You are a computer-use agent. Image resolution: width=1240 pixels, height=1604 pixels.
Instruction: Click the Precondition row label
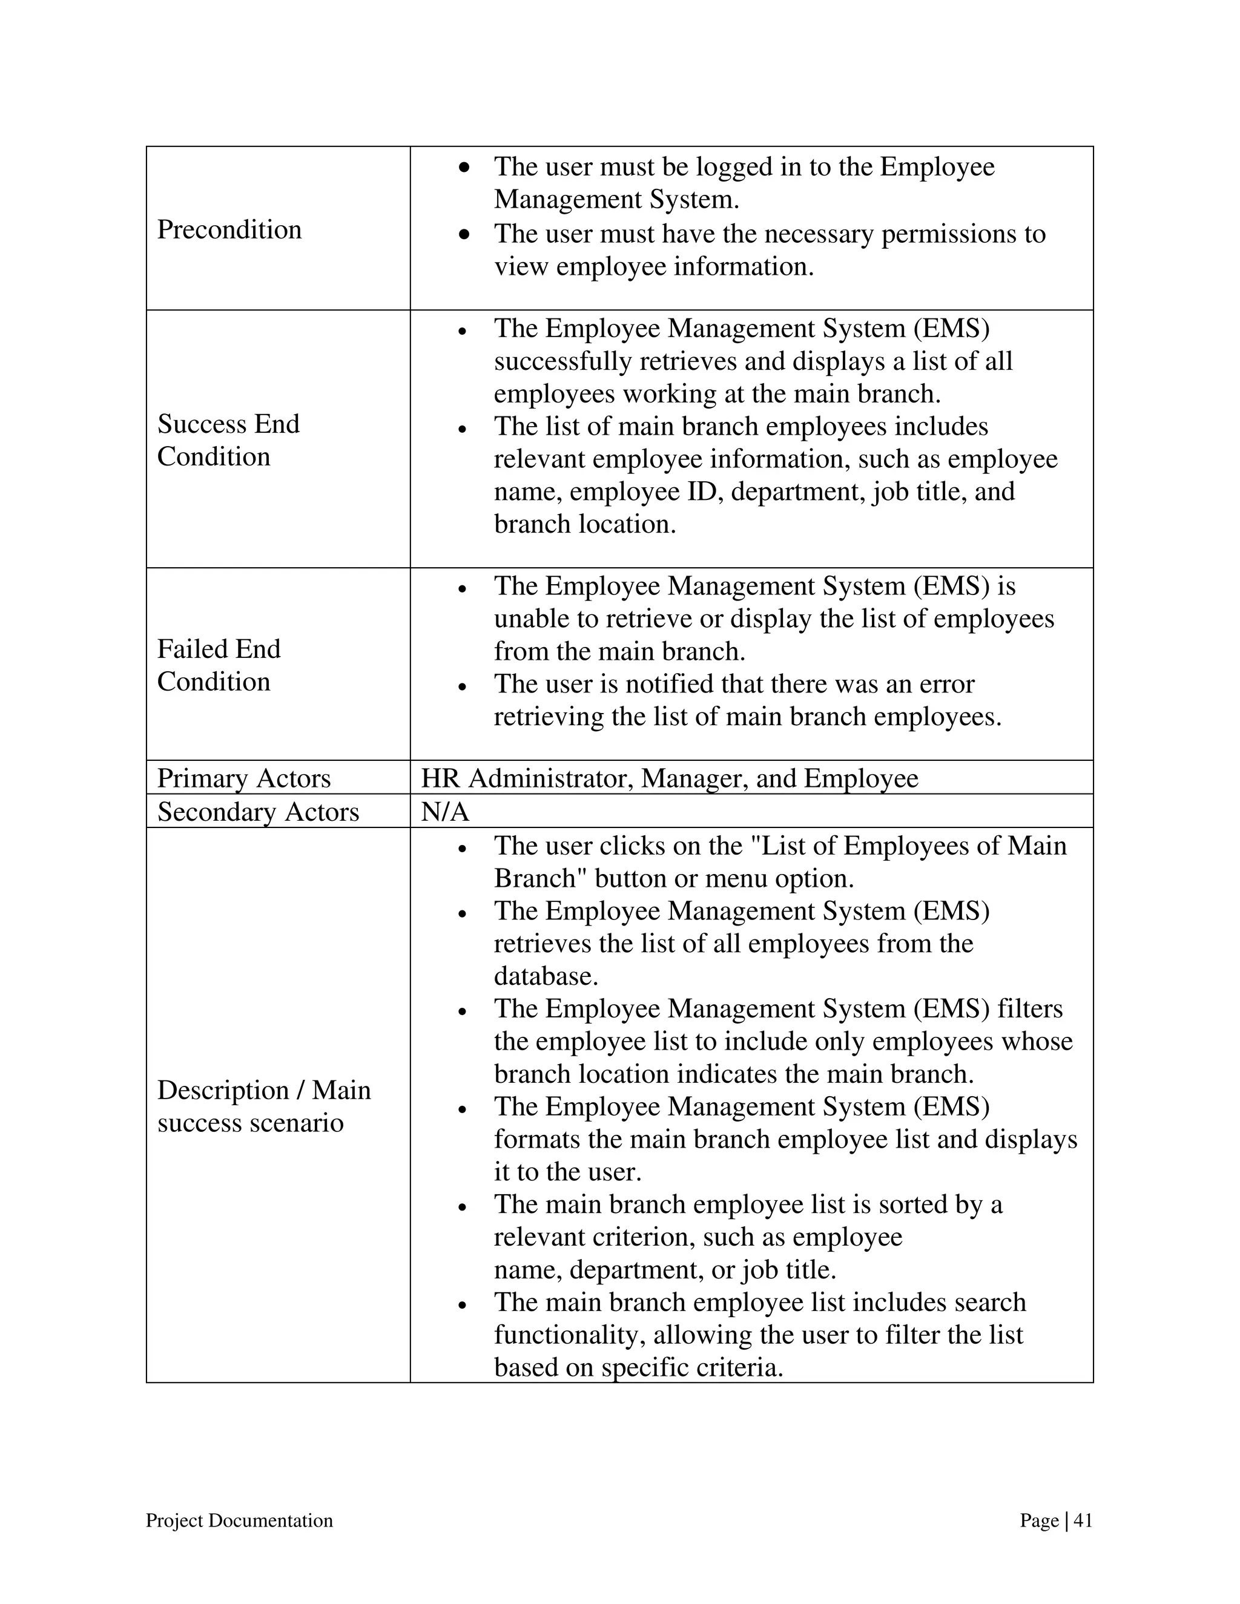[x=229, y=230]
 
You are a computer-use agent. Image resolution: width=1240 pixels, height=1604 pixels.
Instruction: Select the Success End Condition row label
[x=228, y=440]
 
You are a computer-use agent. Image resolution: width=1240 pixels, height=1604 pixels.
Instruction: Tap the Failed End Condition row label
[x=219, y=665]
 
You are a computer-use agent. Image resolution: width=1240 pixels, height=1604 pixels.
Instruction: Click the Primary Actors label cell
[x=244, y=778]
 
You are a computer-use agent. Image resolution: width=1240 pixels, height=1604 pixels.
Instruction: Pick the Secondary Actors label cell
[x=258, y=812]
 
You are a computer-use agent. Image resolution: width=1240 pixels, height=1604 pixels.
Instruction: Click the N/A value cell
[x=445, y=812]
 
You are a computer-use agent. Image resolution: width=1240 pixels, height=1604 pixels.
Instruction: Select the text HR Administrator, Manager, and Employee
[x=669, y=778]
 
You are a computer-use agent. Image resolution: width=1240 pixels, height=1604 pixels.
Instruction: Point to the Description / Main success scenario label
[x=264, y=1106]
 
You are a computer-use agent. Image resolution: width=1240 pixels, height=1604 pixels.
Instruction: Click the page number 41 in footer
[x=1083, y=1520]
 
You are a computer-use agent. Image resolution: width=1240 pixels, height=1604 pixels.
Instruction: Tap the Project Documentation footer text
[x=240, y=1520]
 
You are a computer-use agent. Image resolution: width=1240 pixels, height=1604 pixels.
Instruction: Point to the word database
[x=545, y=976]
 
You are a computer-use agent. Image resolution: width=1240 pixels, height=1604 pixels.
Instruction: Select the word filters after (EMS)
[x=1030, y=1009]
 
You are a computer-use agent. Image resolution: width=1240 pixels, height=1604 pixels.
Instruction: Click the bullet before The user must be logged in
[x=464, y=168]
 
